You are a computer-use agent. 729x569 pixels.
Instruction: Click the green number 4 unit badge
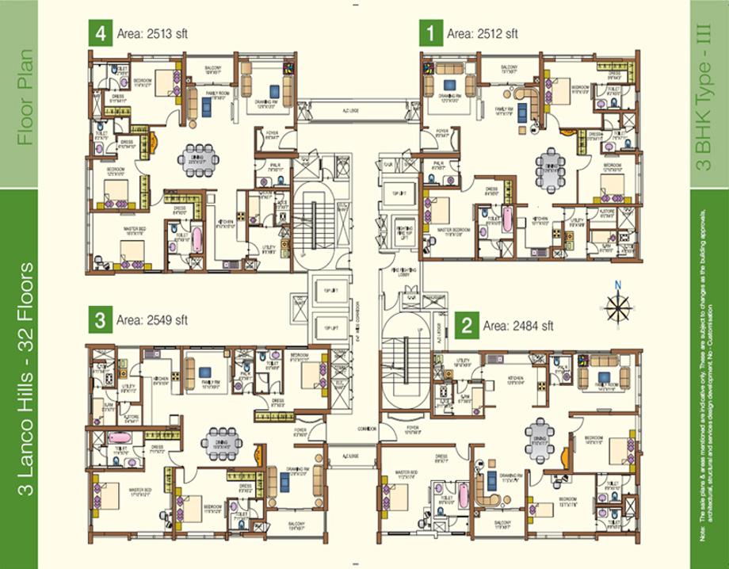click(x=99, y=34)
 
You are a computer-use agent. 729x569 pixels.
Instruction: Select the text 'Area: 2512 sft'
click(x=482, y=34)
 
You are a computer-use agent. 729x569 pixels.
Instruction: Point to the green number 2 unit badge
click(x=468, y=325)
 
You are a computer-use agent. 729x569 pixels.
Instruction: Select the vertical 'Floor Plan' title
click(x=26, y=97)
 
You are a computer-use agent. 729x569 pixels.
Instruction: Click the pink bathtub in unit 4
click(x=196, y=239)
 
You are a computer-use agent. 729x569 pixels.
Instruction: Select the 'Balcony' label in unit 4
click(x=213, y=69)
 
